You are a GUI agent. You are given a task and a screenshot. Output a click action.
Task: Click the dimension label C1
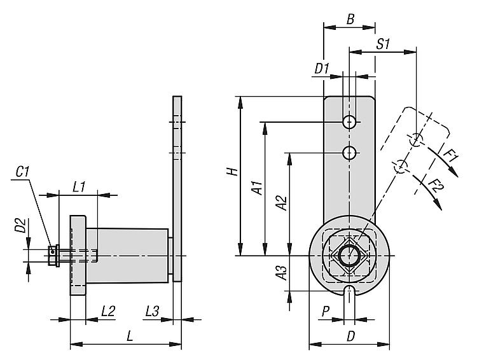(x=23, y=172)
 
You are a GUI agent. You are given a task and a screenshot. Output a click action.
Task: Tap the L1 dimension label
(x=79, y=187)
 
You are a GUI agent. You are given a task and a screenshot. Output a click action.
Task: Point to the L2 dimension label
(x=107, y=311)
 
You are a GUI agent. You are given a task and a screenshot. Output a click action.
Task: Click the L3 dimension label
(x=151, y=311)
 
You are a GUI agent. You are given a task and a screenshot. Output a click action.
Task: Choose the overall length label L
(x=130, y=336)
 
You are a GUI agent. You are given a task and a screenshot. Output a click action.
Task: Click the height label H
(x=233, y=172)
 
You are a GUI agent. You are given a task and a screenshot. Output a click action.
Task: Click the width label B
(x=350, y=20)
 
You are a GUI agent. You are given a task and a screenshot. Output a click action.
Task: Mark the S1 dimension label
(x=383, y=44)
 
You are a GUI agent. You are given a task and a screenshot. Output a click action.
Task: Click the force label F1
(x=450, y=155)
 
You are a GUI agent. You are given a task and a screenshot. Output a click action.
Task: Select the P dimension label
(x=326, y=311)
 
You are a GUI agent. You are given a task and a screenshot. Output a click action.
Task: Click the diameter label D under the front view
(x=350, y=336)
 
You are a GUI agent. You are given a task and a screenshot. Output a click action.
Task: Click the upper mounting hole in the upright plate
(x=349, y=121)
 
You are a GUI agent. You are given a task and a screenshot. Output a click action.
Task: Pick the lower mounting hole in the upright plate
(x=349, y=153)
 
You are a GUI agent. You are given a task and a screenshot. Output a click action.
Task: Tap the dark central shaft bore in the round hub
(x=349, y=256)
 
